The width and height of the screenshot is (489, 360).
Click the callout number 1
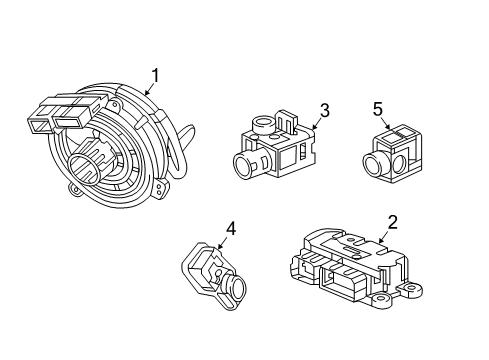(155, 74)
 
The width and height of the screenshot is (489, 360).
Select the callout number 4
(230, 229)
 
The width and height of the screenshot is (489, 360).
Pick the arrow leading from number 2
(381, 237)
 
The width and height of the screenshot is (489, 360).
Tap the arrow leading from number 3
(314, 124)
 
